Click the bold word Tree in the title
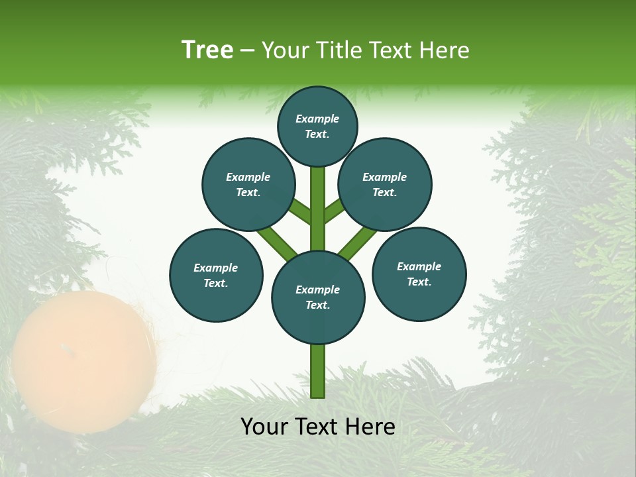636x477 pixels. coord(207,50)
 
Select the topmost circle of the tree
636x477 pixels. coord(317,126)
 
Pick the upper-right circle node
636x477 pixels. coord(385,184)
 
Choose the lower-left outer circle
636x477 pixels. coord(216,275)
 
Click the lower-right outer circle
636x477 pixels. coord(419,274)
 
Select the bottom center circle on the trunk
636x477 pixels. coord(318,297)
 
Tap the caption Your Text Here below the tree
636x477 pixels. coord(318,427)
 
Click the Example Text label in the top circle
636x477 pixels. coord(317,126)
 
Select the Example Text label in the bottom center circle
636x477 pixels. coord(317,297)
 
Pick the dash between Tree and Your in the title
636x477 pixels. coord(248,50)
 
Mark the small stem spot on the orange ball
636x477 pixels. coord(65,347)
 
